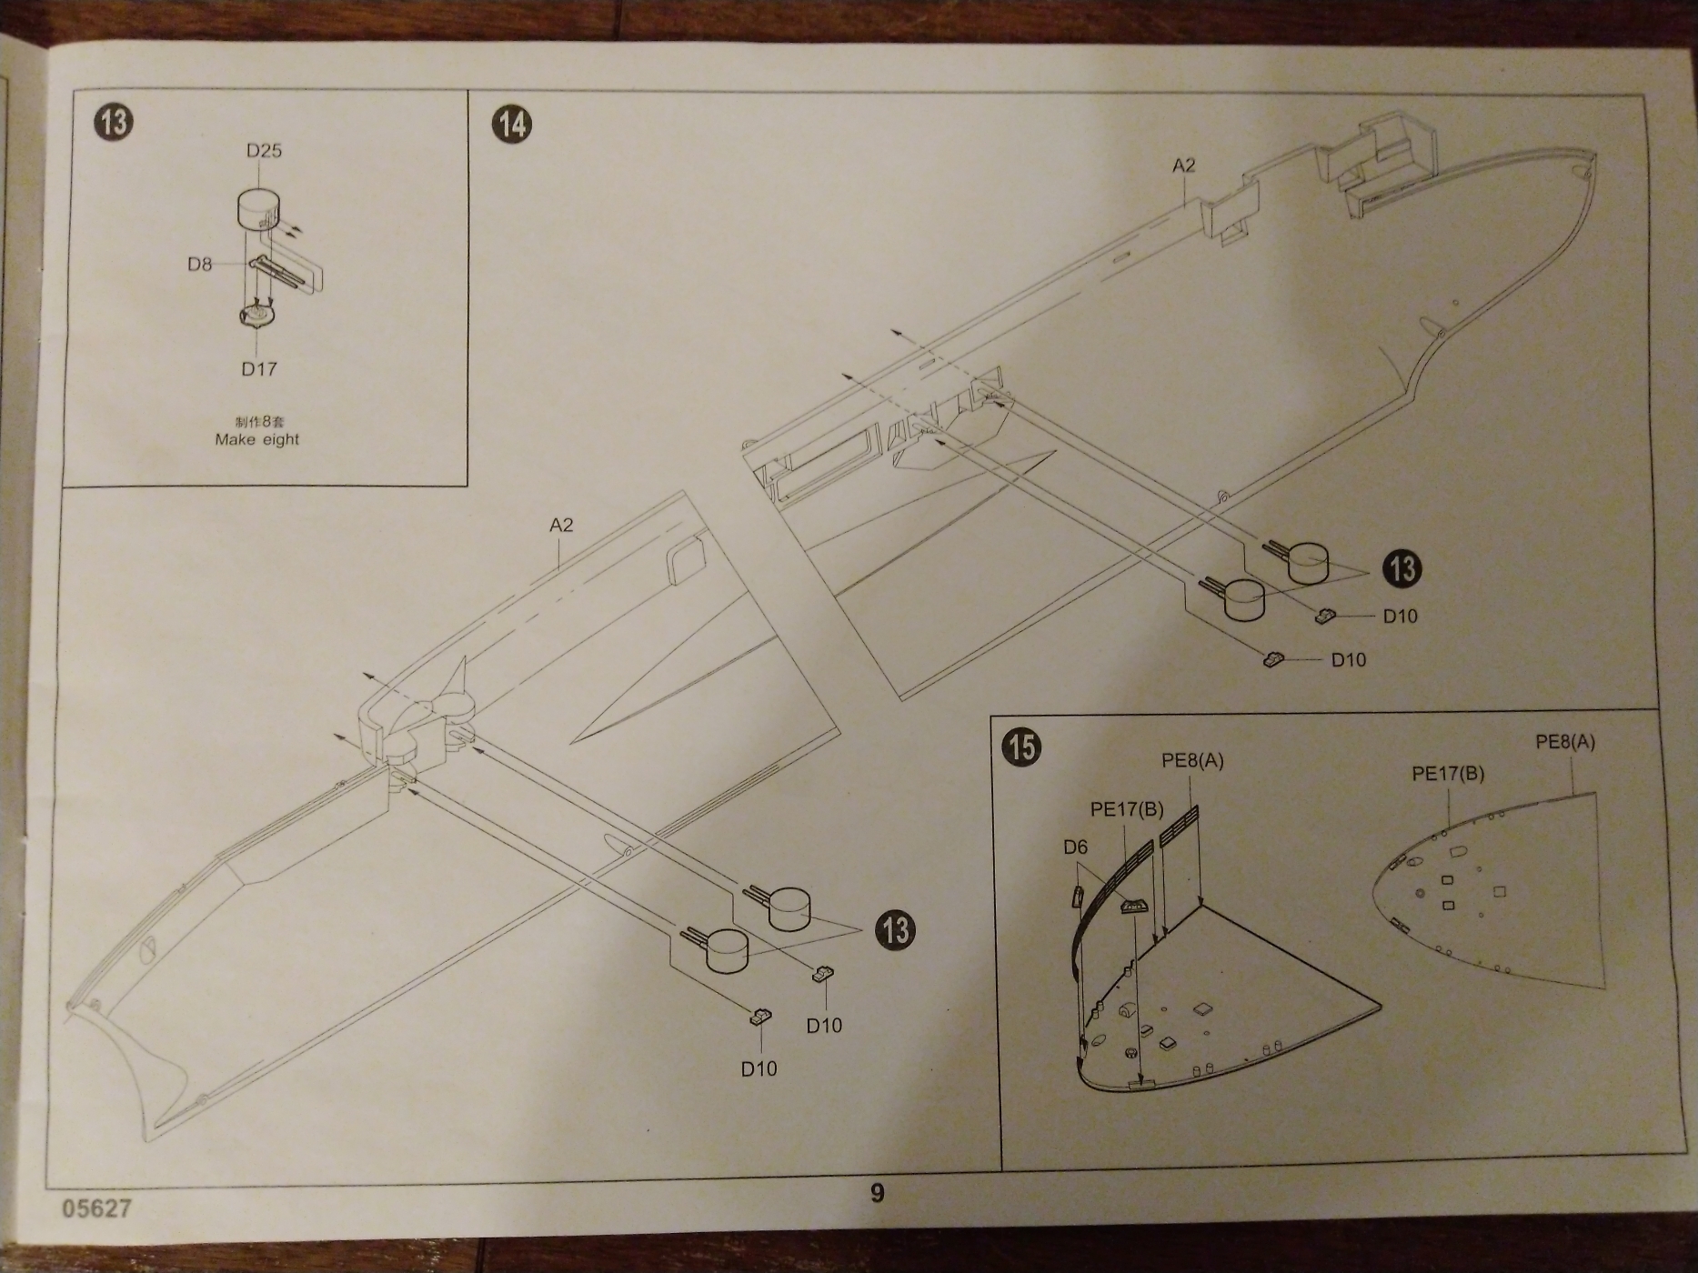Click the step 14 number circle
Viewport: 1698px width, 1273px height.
pyautogui.click(x=512, y=123)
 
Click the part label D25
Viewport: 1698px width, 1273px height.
pyautogui.click(x=264, y=151)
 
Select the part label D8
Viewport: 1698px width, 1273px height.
pyautogui.click(x=200, y=265)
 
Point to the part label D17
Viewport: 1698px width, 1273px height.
pyautogui.click(x=258, y=369)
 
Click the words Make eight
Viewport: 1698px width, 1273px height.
pyautogui.click(x=257, y=439)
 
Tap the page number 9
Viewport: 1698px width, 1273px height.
pyautogui.click(x=877, y=1192)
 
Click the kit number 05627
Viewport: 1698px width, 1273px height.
pyautogui.click(x=97, y=1208)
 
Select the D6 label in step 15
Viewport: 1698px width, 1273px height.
pyautogui.click(x=1075, y=847)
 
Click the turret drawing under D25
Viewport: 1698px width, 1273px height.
pyautogui.click(x=257, y=210)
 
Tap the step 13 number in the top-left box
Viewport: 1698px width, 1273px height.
pyautogui.click(x=113, y=122)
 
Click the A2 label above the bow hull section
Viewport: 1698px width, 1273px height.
pyautogui.click(x=1183, y=165)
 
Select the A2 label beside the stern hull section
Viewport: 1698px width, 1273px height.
pyautogui.click(x=561, y=526)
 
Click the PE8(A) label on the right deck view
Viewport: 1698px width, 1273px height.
pyautogui.click(x=1565, y=742)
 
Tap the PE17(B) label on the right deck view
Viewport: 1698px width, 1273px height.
pyautogui.click(x=1448, y=774)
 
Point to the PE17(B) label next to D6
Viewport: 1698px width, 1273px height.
pyautogui.click(x=1127, y=808)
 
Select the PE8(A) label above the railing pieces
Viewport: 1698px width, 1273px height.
pyautogui.click(x=1192, y=760)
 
